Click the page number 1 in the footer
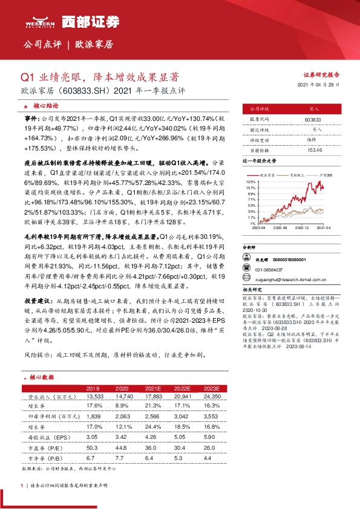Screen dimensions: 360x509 pyautogui.click(x=22, y=485)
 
